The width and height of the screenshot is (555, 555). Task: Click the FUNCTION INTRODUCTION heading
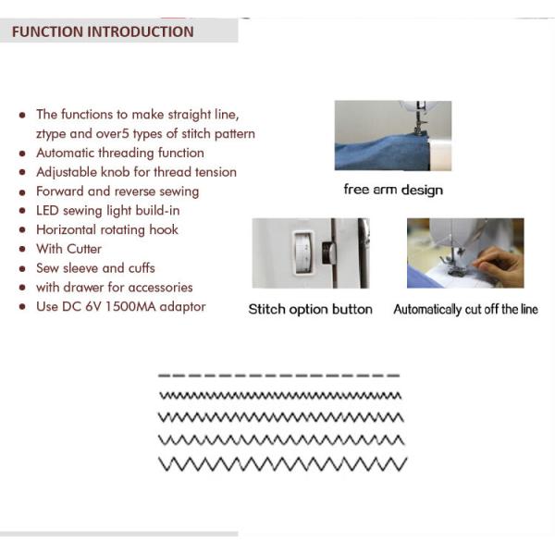pyautogui.click(x=103, y=31)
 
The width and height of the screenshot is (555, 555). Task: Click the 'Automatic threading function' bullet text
pyautogui.click(x=120, y=153)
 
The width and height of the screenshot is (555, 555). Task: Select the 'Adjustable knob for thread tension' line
pyautogui.click(x=136, y=172)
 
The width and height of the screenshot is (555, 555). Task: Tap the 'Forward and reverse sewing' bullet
pyautogui.click(x=117, y=191)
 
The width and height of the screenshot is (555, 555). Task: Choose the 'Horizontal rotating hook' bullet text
pyautogui.click(x=107, y=229)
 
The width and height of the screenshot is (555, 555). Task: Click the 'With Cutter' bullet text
pyautogui.click(x=69, y=249)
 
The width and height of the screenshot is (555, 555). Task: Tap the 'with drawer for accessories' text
pyautogui.click(x=115, y=287)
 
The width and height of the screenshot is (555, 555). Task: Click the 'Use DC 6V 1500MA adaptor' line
pyautogui.click(x=121, y=306)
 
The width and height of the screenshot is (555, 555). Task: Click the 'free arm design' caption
pyautogui.click(x=393, y=190)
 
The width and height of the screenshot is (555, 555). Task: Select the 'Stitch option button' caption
pyautogui.click(x=310, y=309)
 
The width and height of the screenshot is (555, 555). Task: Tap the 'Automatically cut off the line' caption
pyautogui.click(x=465, y=309)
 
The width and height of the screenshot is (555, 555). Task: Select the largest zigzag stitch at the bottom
pyautogui.click(x=282, y=462)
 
